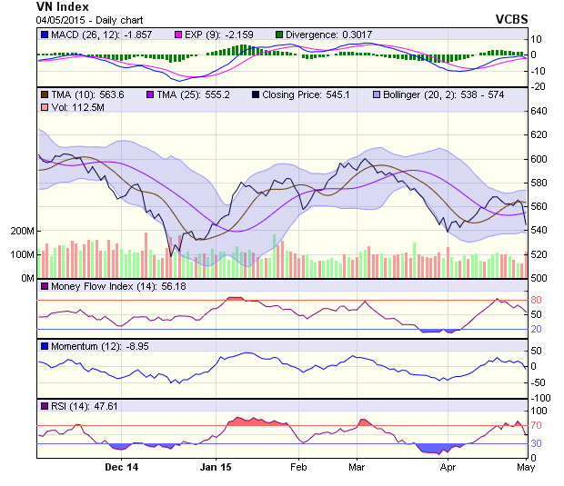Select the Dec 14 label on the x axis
(x=121, y=468)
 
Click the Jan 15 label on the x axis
(x=216, y=468)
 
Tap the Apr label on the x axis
(x=448, y=468)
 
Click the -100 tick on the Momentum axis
(x=541, y=398)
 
